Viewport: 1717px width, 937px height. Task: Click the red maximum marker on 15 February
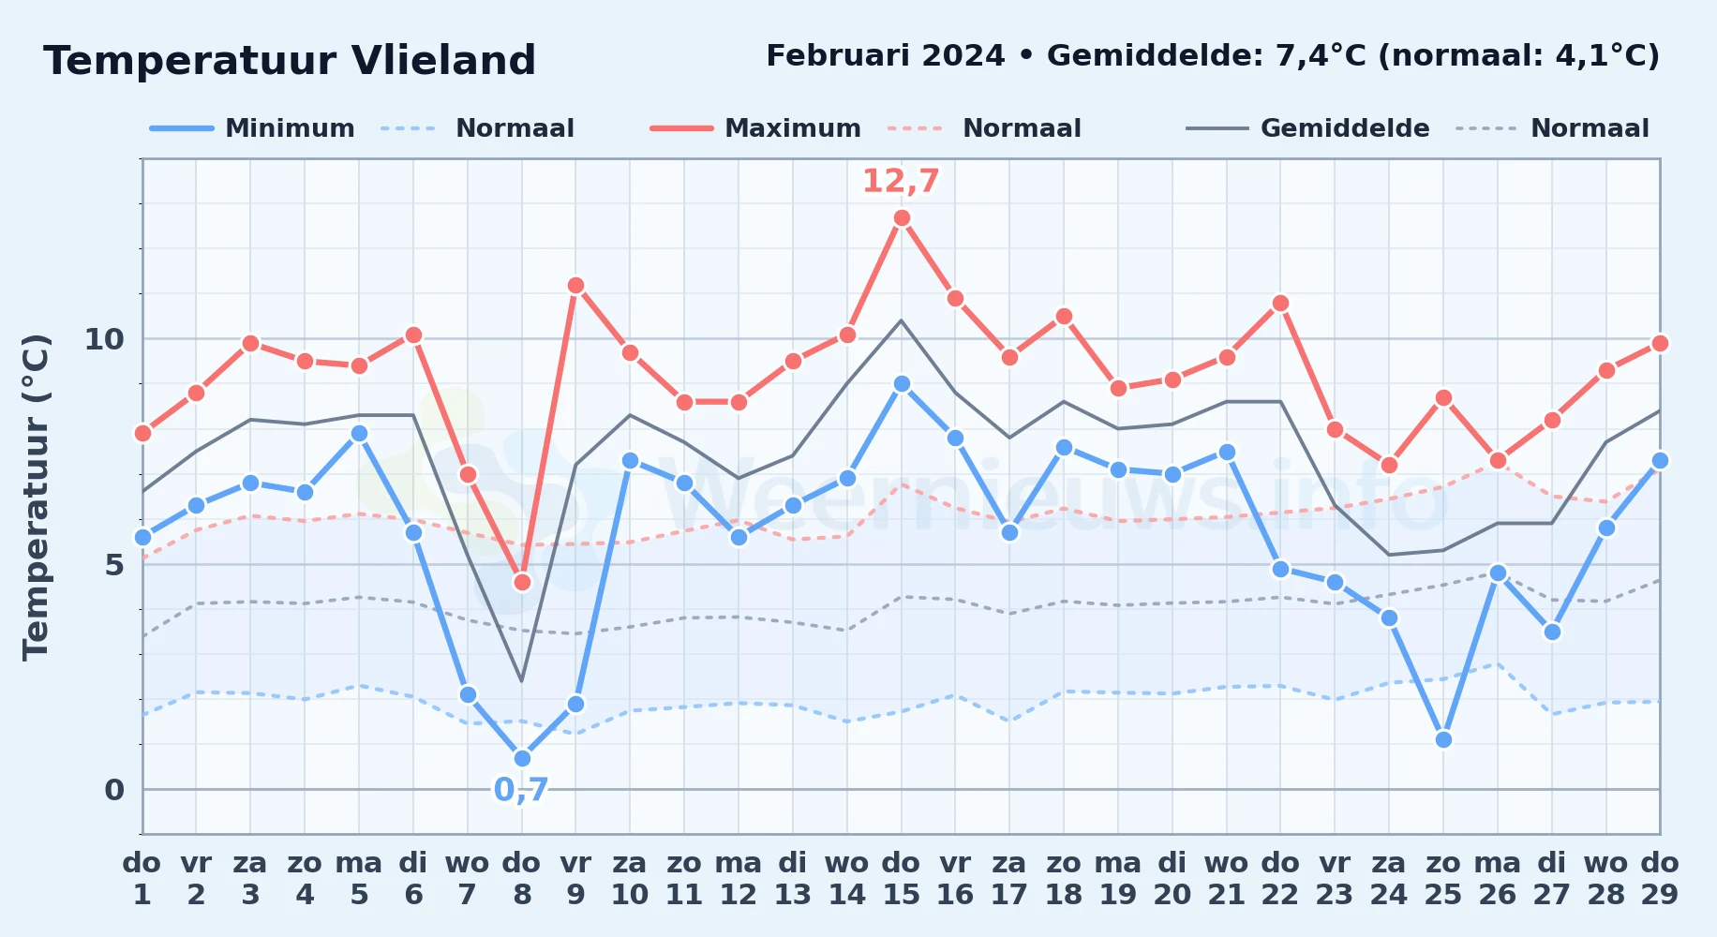[x=902, y=218]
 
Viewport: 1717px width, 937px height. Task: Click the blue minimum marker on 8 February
[x=522, y=758]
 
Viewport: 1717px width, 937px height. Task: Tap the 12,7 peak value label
[x=901, y=181]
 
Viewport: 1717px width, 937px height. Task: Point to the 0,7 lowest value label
[x=521, y=790]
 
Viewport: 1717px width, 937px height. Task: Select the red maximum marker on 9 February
[x=575, y=286]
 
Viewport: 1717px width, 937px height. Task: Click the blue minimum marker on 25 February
[x=1443, y=739]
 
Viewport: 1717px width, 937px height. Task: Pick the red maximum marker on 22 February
[x=1280, y=304]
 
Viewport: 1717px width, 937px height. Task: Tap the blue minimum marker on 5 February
[x=359, y=433]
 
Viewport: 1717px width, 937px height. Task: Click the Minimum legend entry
[x=252, y=128]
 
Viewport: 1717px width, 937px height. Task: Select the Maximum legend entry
[x=755, y=128]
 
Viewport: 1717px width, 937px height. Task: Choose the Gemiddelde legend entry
[x=1307, y=128]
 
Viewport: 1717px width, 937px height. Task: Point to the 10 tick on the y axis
[x=104, y=339]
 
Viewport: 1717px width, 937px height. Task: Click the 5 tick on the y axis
[x=114, y=564]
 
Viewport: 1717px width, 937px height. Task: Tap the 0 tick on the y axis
[x=114, y=790]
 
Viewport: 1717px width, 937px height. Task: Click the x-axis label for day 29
[x=1659, y=878]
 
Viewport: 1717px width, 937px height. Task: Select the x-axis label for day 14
[x=847, y=878]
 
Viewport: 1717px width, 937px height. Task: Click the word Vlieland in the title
[x=443, y=61]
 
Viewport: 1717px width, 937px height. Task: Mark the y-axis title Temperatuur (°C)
[x=36, y=497]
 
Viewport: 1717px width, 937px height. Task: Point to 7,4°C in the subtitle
[x=1321, y=55]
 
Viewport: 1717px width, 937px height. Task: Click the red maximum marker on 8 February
[x=522, y=582]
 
